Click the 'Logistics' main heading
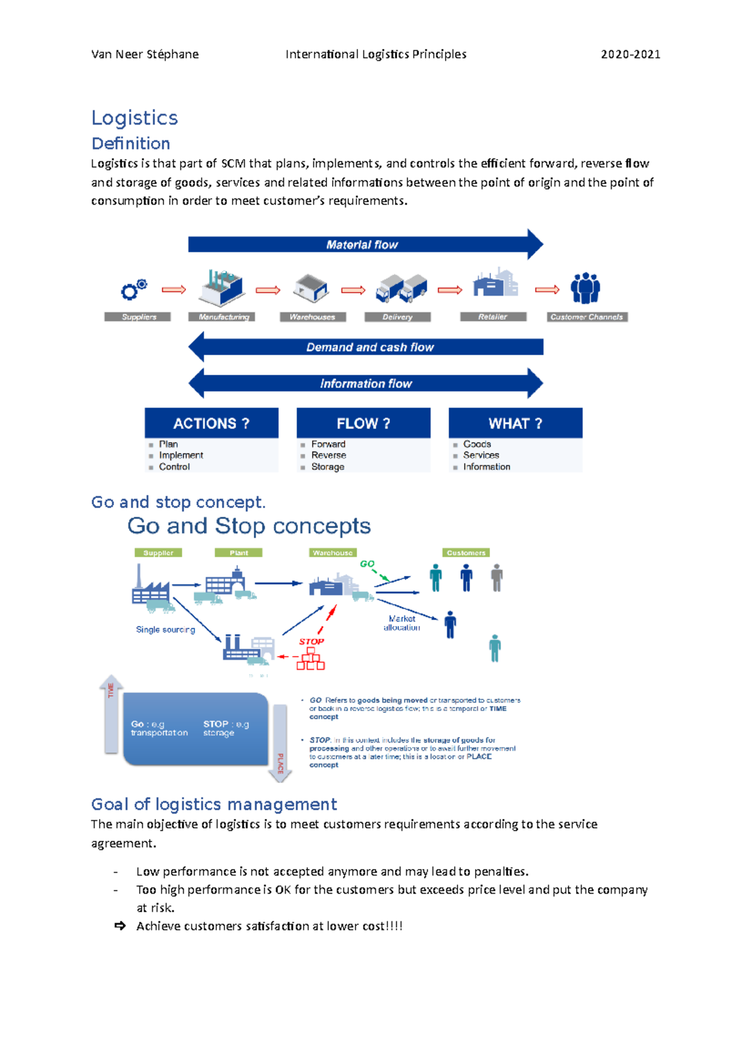pos(134,118)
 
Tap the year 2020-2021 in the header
pos(630,55)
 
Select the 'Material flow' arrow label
pos(362,245)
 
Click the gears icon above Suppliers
pos(134,289)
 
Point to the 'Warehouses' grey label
pos(312,317)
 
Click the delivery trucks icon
pos(401,288)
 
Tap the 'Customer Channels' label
pos(587,317)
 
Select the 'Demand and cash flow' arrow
pos(369,347)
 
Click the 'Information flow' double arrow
pos(365,383)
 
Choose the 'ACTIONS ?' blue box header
pos(211,424)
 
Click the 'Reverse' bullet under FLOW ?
pos(328,456)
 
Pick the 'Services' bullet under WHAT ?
pos(481,456)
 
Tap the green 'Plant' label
pos(238,553)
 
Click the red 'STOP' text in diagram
pos(311,642)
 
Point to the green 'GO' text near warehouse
pos(367,564)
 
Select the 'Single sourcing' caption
pos(165,630)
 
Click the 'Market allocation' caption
pos(402,623)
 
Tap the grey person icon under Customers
pos(496,578)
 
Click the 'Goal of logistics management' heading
pos(214,805)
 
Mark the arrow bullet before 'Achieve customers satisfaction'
pos(120,926)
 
